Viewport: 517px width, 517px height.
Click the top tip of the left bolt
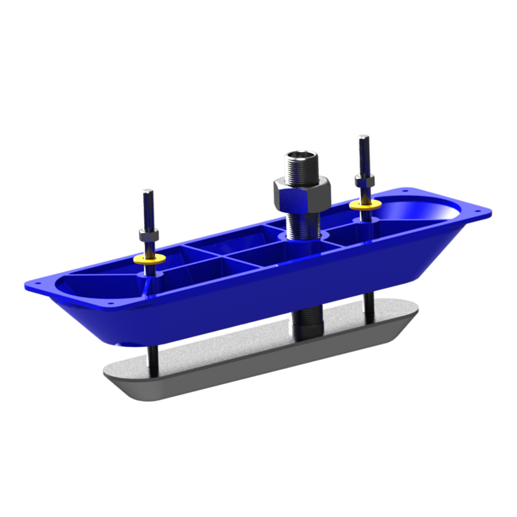(x=147, y=192)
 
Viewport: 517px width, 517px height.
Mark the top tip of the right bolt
(x=363, y=138)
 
